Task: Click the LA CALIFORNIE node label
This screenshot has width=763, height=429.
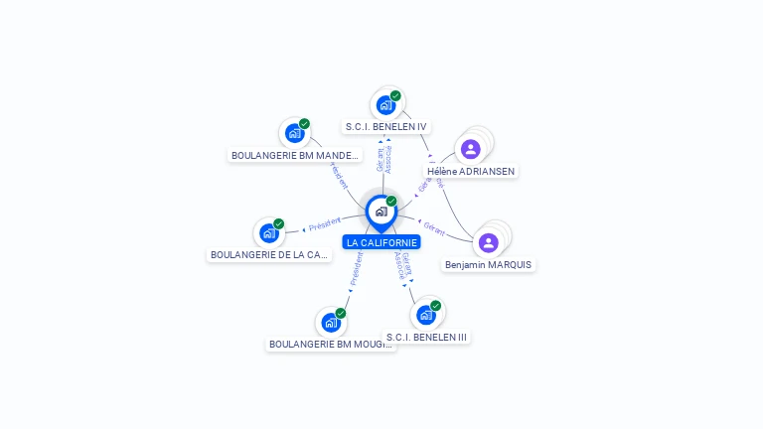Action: [x=381, y=242]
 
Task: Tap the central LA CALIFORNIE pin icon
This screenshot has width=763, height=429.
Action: [x=381, y=212]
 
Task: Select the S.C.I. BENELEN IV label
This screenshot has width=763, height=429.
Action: [x=385, y=127]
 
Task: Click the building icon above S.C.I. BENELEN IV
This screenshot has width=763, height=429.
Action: [x=385, y=105]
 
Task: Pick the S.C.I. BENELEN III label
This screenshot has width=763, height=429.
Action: [x=426, y=337]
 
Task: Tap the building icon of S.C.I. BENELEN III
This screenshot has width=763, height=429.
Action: [x=426, y=315]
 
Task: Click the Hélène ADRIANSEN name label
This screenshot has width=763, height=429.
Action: [x=471, y=171]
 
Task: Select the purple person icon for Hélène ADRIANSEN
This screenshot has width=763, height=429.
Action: [x=471, y=149]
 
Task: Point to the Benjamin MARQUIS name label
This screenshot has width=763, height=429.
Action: [x=488, y=265]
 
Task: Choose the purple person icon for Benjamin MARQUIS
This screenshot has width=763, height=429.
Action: [x=488, y=242]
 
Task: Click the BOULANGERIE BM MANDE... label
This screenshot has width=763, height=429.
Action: [x=295, y=156]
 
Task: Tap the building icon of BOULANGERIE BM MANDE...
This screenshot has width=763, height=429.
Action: [x=294, y=133]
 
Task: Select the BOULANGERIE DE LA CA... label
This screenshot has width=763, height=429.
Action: [x=269, y=255]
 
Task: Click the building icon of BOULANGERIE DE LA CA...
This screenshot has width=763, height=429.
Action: [x=268, y=233]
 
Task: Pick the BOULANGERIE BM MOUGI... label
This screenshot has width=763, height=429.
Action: [x=331, y=345]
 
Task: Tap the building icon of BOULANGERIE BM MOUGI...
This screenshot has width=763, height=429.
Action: [x=331, y=323]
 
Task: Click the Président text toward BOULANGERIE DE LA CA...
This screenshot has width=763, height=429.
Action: [x=324, y=225]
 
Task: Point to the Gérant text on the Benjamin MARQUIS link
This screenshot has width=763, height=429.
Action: [x=433, y=227]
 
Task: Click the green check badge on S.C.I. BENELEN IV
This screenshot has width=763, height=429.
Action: [x=395, y=96]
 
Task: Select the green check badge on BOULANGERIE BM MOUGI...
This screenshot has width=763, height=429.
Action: [x=341, y=313]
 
